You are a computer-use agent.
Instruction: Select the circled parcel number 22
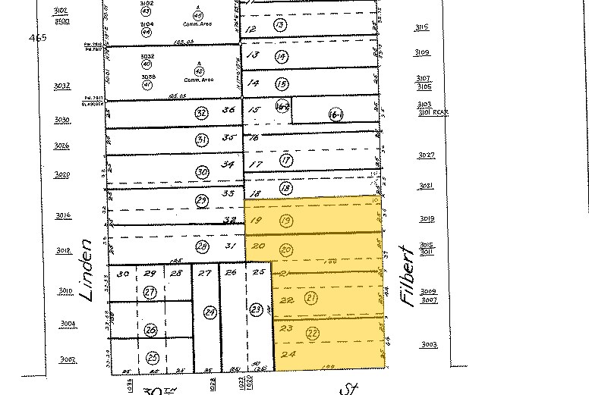(x=312, y=332)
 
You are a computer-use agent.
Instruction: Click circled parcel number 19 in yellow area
(x=286, y=221)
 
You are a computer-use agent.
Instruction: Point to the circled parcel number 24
(x=211, y=311)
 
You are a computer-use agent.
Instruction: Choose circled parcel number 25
(x=152, y=357)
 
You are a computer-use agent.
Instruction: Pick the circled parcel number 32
(x=201, y=113)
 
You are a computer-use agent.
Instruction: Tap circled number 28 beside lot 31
(x=201, y=246)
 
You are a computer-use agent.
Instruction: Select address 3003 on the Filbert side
(x=430, y=345)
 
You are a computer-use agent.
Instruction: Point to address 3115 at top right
(x=422, y=28)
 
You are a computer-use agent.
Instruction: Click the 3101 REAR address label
(x=433, y=112)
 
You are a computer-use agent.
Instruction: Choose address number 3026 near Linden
(x=62, y=146)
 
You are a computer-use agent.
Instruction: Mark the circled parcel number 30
(x=201, y=172)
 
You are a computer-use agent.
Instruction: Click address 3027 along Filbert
(x=427, y=155)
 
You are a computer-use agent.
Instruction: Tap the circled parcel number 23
(x=257, y=309)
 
